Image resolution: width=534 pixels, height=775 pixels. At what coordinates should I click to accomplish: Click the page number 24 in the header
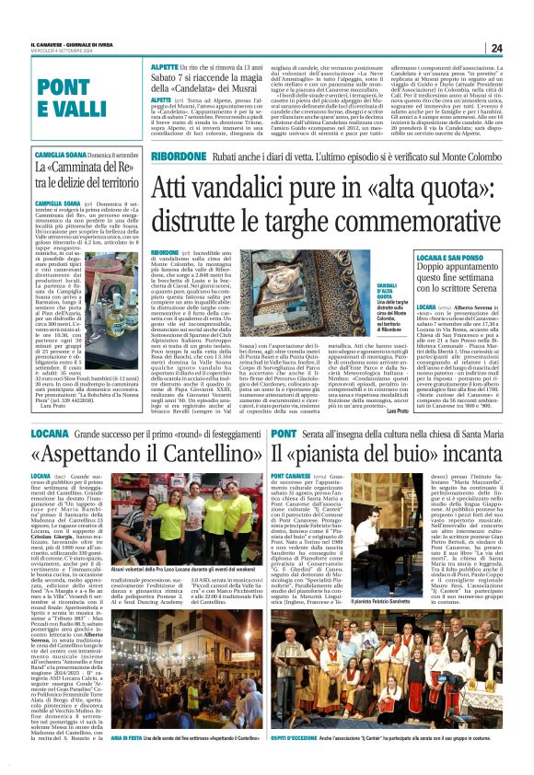pos(495,48)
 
